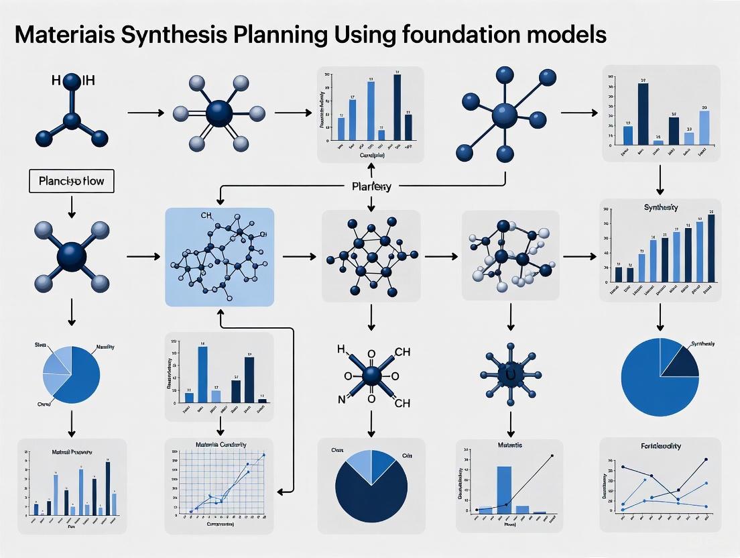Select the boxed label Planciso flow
[71, 181]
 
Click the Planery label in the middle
[371, 186]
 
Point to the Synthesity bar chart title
[660, 208]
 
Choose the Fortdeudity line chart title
[660, 446]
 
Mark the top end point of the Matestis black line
[553, 455]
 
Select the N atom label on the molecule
[340, 401]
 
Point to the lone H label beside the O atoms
[340, 350]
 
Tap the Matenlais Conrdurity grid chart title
[221, 445]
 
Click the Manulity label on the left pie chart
[105, 347]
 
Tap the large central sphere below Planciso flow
[72, 256]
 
